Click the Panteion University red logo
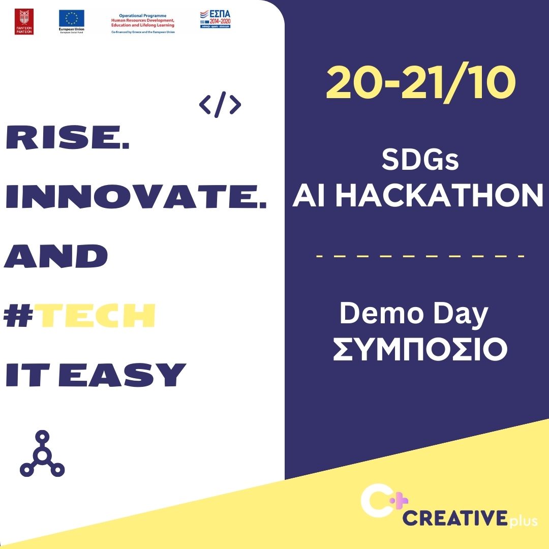tap(24, 22)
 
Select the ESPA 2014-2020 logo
tap(215, 19)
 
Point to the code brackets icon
tap(220, 105)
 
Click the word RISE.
tap(67, 139)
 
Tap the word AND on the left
tap(56, 256)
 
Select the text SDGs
tap(420, 161)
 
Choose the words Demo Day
tap(413, 314)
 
